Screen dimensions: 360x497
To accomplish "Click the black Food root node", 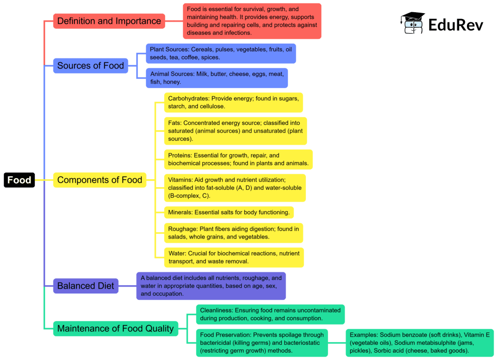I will click(19, 180).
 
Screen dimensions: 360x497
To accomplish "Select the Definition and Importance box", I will click(109, 21).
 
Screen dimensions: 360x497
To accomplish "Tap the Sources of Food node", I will click(91, 66).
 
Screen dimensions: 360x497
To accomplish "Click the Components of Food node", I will click(99, 180).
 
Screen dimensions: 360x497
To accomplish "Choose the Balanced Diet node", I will click(85, 286).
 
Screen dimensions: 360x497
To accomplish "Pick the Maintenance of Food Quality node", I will click(115, 329).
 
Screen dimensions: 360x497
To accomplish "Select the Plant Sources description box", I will click(221, 53).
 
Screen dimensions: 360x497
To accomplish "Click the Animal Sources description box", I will click(216, 78).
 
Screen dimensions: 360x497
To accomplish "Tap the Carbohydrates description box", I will click(233, 102).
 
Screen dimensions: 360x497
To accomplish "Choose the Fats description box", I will click(235, 131).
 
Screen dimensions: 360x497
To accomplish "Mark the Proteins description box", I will click(238, 159).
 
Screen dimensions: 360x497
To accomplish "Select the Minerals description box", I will click(229, 212).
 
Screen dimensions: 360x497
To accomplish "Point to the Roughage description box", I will click(233, 233).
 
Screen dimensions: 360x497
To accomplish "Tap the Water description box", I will click(234, 257).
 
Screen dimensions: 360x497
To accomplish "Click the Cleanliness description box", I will click(270, 314).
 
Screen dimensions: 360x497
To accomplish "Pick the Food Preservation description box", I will click(262, 343).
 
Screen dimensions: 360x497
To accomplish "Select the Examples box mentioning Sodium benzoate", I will click(420, 343).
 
